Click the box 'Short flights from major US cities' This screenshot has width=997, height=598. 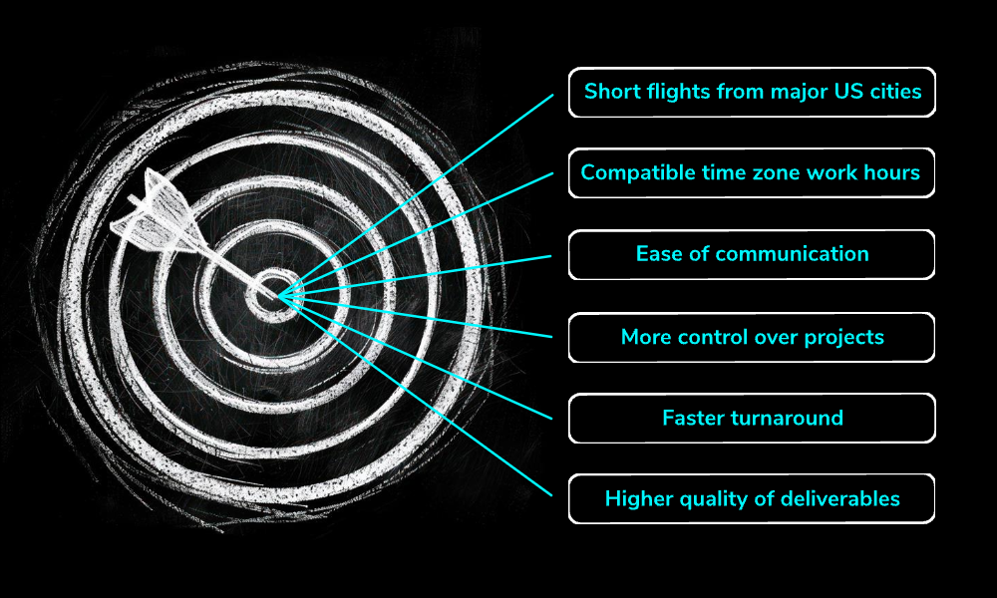[752, 92]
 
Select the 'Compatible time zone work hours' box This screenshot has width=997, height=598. [752, 173]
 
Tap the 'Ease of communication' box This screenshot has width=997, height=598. [752, 254]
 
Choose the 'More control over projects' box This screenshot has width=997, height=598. [752, 337]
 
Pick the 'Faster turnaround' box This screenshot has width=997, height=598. [752, 418]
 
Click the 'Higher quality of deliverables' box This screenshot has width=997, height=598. [752, 499]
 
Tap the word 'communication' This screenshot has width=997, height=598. [795, 254]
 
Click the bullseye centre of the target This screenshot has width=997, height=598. [274, 293]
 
